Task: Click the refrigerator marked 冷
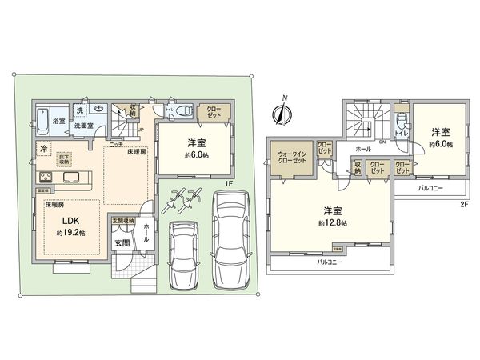(x=41, y=149)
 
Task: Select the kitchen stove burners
(x=42, y=178)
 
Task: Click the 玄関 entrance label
(x=122, y=242)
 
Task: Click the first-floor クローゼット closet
(x=214, y=112)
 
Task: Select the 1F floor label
(x=228, y=184)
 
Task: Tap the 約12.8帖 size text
(x=334, y=223)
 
